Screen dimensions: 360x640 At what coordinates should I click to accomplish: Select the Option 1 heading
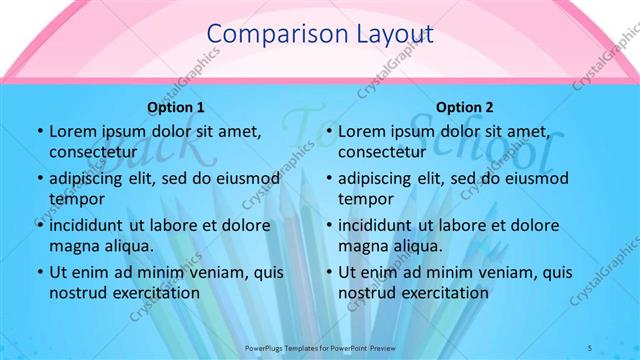click(x=176, y=106)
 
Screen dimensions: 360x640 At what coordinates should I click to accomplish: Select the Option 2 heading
click(x=465, y=106)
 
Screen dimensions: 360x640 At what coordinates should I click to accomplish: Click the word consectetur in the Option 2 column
click(x=382, y=152)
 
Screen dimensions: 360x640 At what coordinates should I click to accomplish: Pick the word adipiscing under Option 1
click(x=91, y=178)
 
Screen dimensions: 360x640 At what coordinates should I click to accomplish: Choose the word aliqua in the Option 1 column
click(x=127, y=245)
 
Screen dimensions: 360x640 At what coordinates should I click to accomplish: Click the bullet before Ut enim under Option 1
click(x=38, y=272)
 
